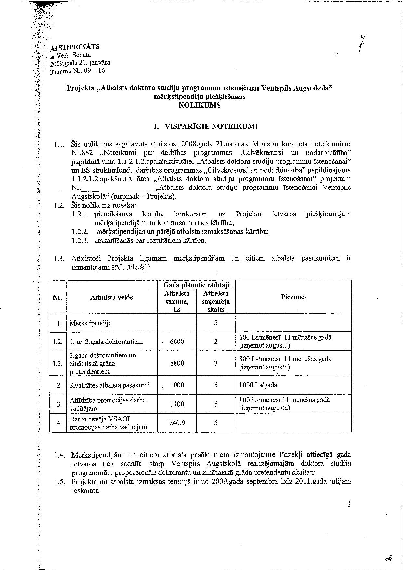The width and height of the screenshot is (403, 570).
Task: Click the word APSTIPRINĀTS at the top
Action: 75,47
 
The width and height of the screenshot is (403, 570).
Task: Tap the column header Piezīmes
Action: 293,297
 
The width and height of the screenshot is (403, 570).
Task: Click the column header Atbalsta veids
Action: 111,297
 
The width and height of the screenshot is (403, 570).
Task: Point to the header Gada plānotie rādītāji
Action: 196,285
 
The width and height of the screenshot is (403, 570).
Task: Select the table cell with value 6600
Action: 177,341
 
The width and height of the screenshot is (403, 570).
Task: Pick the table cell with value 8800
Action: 177,363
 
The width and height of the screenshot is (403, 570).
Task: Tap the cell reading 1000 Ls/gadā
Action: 258,385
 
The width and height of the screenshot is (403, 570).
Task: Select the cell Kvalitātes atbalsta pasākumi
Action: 110,385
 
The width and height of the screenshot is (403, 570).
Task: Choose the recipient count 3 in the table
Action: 216,363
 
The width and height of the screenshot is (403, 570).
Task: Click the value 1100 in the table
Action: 177,404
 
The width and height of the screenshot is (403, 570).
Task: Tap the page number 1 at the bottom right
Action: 349,504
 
